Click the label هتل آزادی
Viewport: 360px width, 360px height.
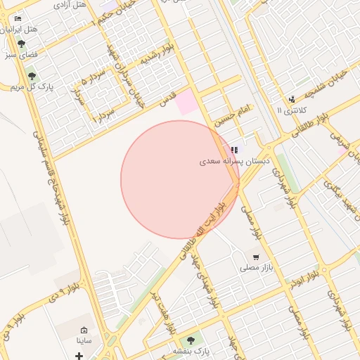[70, 5]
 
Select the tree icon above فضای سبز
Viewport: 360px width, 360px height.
[20, 44]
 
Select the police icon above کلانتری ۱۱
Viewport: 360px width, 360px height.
[292, 99]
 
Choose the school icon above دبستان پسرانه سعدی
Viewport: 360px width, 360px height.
[234, 150]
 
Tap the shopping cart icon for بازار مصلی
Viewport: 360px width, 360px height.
[256, 257]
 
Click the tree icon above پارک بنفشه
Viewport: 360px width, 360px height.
[191, 340]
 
